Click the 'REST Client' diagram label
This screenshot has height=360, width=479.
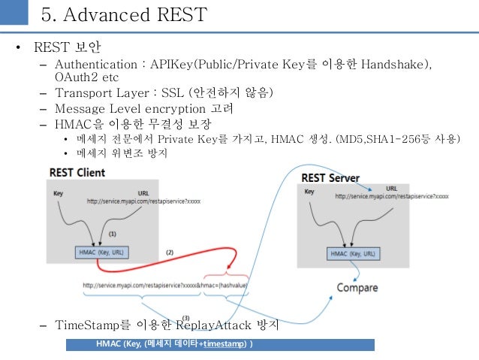click(77, 172)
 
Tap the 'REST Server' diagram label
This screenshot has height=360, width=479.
click(330, 178)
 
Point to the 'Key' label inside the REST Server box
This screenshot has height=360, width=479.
click(309, 192)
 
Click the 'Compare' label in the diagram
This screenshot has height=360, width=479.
click(357, 288)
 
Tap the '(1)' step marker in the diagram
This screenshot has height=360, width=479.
click(113, 234)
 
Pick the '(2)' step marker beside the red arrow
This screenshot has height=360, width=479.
click(169, 252)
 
